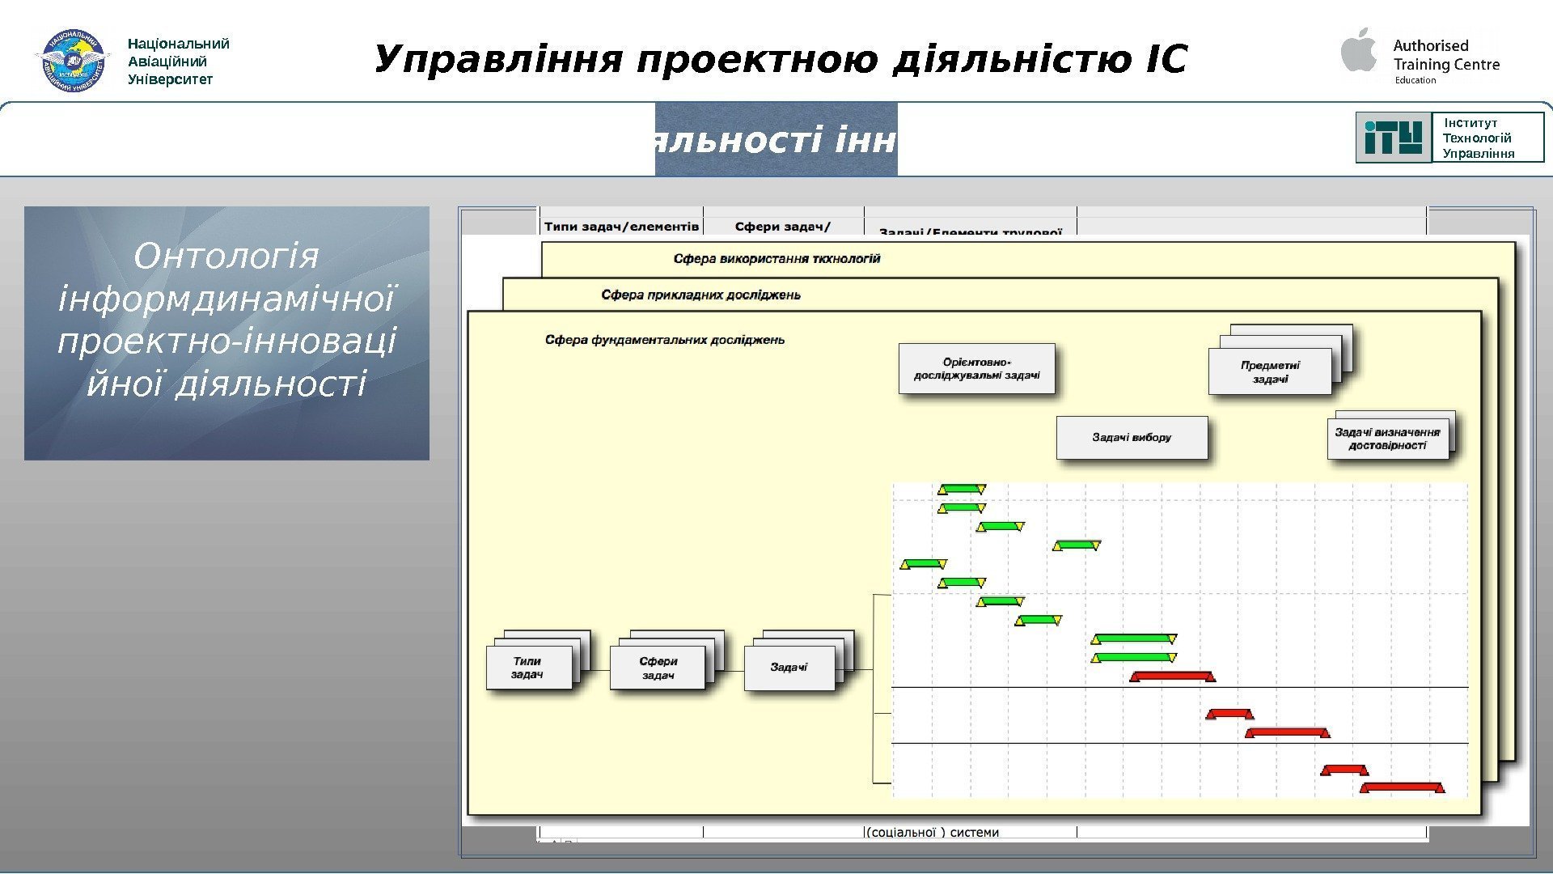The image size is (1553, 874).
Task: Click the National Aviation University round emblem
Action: point(72,61)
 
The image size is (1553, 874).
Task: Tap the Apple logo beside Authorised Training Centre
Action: point(1359,50)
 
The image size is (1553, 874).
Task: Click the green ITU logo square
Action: point(1393,138)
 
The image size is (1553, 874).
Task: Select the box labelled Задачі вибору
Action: point(1132,438)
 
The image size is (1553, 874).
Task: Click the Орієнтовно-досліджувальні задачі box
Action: point(976,369)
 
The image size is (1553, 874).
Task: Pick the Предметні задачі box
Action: point(1270,372)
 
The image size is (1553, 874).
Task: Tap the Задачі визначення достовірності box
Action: point(1387,439)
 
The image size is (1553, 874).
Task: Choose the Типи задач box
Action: point(528,668)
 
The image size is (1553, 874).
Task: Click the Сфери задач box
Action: point(658,668)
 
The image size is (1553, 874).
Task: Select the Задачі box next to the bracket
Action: point(789,668)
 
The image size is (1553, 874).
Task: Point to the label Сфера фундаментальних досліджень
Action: point(664,340)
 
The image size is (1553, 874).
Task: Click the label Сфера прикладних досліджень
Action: point(700,295)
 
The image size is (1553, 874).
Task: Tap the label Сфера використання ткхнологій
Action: point(776,259)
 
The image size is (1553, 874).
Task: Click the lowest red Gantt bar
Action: point(1402,787)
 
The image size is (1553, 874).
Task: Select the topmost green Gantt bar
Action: point(962,489)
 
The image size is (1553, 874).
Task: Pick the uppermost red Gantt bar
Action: point(1172,676)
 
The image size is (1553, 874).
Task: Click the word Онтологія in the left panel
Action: point(226,257)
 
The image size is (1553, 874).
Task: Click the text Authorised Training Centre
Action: point(1445,55)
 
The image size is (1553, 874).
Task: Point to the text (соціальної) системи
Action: point(933,832)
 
